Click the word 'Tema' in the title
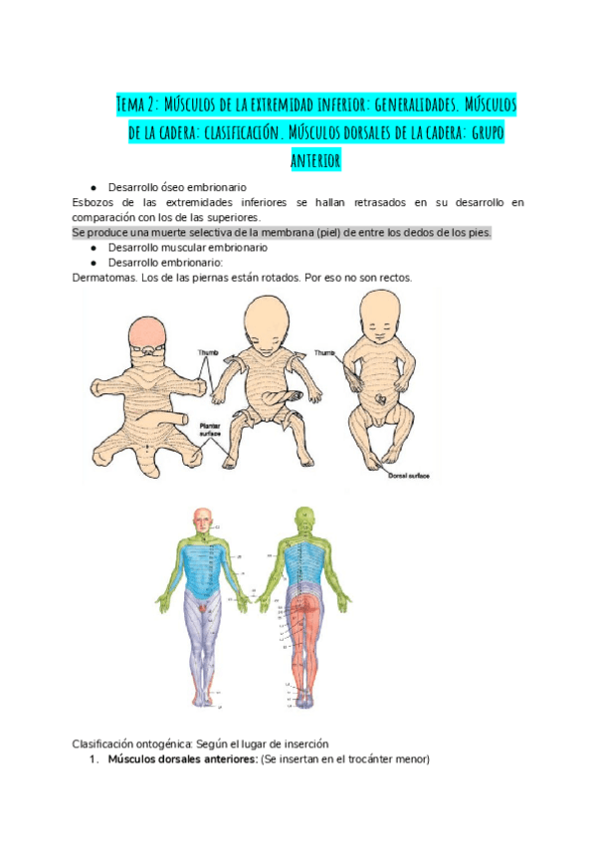pos(131,105)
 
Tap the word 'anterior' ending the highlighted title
pos(315,160)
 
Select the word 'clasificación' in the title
pos(243,132)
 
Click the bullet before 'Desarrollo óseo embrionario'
pos(92,187)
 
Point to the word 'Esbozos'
pos(95,203)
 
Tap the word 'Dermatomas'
pos(107,277)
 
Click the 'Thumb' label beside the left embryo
pos(207,352)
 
